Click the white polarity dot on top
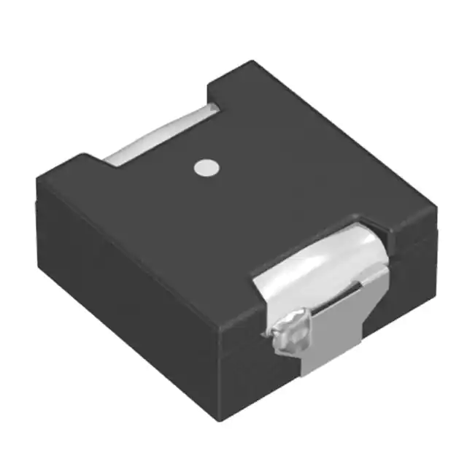(x=206, y=167)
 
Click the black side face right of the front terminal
(x=409, y=292)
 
